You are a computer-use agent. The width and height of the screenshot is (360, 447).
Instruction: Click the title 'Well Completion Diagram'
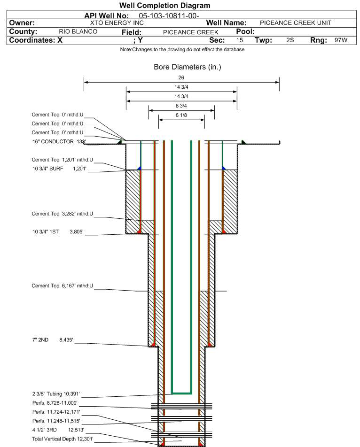coord(165,6)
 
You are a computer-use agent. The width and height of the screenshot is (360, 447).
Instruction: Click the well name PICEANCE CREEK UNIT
coord(296,23)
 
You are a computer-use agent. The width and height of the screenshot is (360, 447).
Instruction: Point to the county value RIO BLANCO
coord(78,31)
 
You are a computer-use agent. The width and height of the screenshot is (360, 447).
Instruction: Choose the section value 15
coord(240,40)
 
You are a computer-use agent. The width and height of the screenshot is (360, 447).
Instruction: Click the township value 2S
coord(290,40)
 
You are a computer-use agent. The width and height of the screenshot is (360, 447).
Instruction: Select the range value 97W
coord(341,40)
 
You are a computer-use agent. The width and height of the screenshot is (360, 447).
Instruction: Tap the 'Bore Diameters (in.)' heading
coord(188,67)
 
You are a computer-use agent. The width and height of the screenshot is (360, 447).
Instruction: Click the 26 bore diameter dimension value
coord(181,77)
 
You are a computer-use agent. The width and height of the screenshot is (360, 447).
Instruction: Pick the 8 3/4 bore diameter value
coord(181,106)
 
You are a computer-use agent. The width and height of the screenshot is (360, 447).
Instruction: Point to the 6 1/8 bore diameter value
coord(181,115)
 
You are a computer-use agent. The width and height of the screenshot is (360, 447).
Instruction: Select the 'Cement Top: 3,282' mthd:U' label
coord(63,214)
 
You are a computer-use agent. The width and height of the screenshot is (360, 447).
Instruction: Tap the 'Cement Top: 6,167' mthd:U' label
coord(63,285)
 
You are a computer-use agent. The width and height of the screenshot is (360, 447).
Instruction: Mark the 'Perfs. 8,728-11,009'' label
coord(54,403)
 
